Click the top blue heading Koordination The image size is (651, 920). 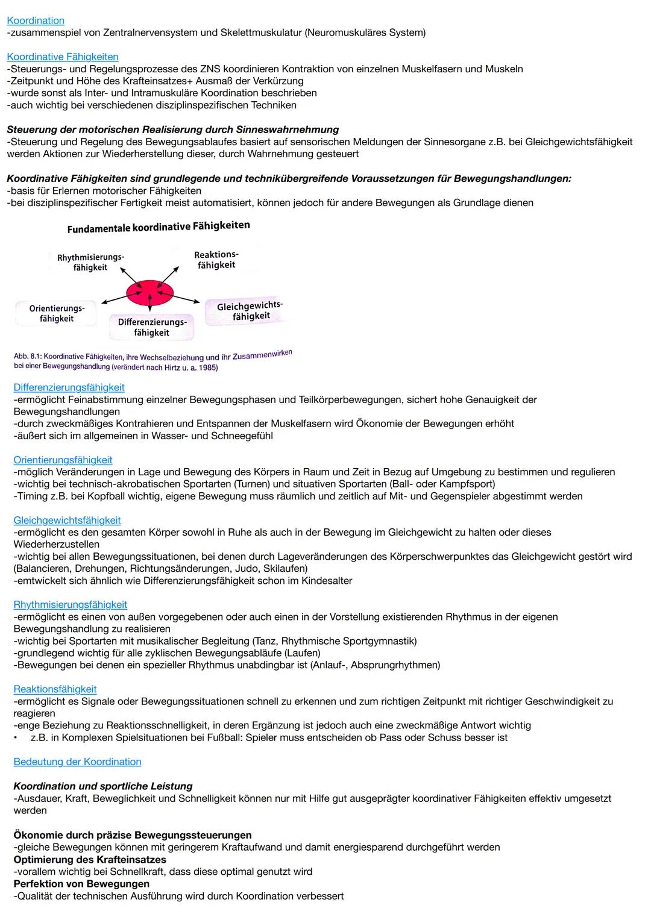pos(36,20)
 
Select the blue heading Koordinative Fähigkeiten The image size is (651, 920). pos(63,57)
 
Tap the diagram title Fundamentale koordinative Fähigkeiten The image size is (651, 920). pos(159,227)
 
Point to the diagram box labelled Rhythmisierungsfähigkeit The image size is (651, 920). pos(90,263)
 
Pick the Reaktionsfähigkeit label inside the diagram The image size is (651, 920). pos(216,260)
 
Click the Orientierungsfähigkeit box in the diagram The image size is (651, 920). pos(57,313)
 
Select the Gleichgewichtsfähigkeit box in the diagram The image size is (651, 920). pos(250,311)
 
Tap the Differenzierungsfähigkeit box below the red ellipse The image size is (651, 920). pos(152,327)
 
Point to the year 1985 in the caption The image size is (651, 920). pos(207,368)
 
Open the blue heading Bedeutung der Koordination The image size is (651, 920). pos(77,762)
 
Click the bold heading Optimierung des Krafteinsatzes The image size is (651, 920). pos(90,859)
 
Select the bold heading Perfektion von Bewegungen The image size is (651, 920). pos(81,883)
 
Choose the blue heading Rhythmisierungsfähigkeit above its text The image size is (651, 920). pos(71,604)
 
